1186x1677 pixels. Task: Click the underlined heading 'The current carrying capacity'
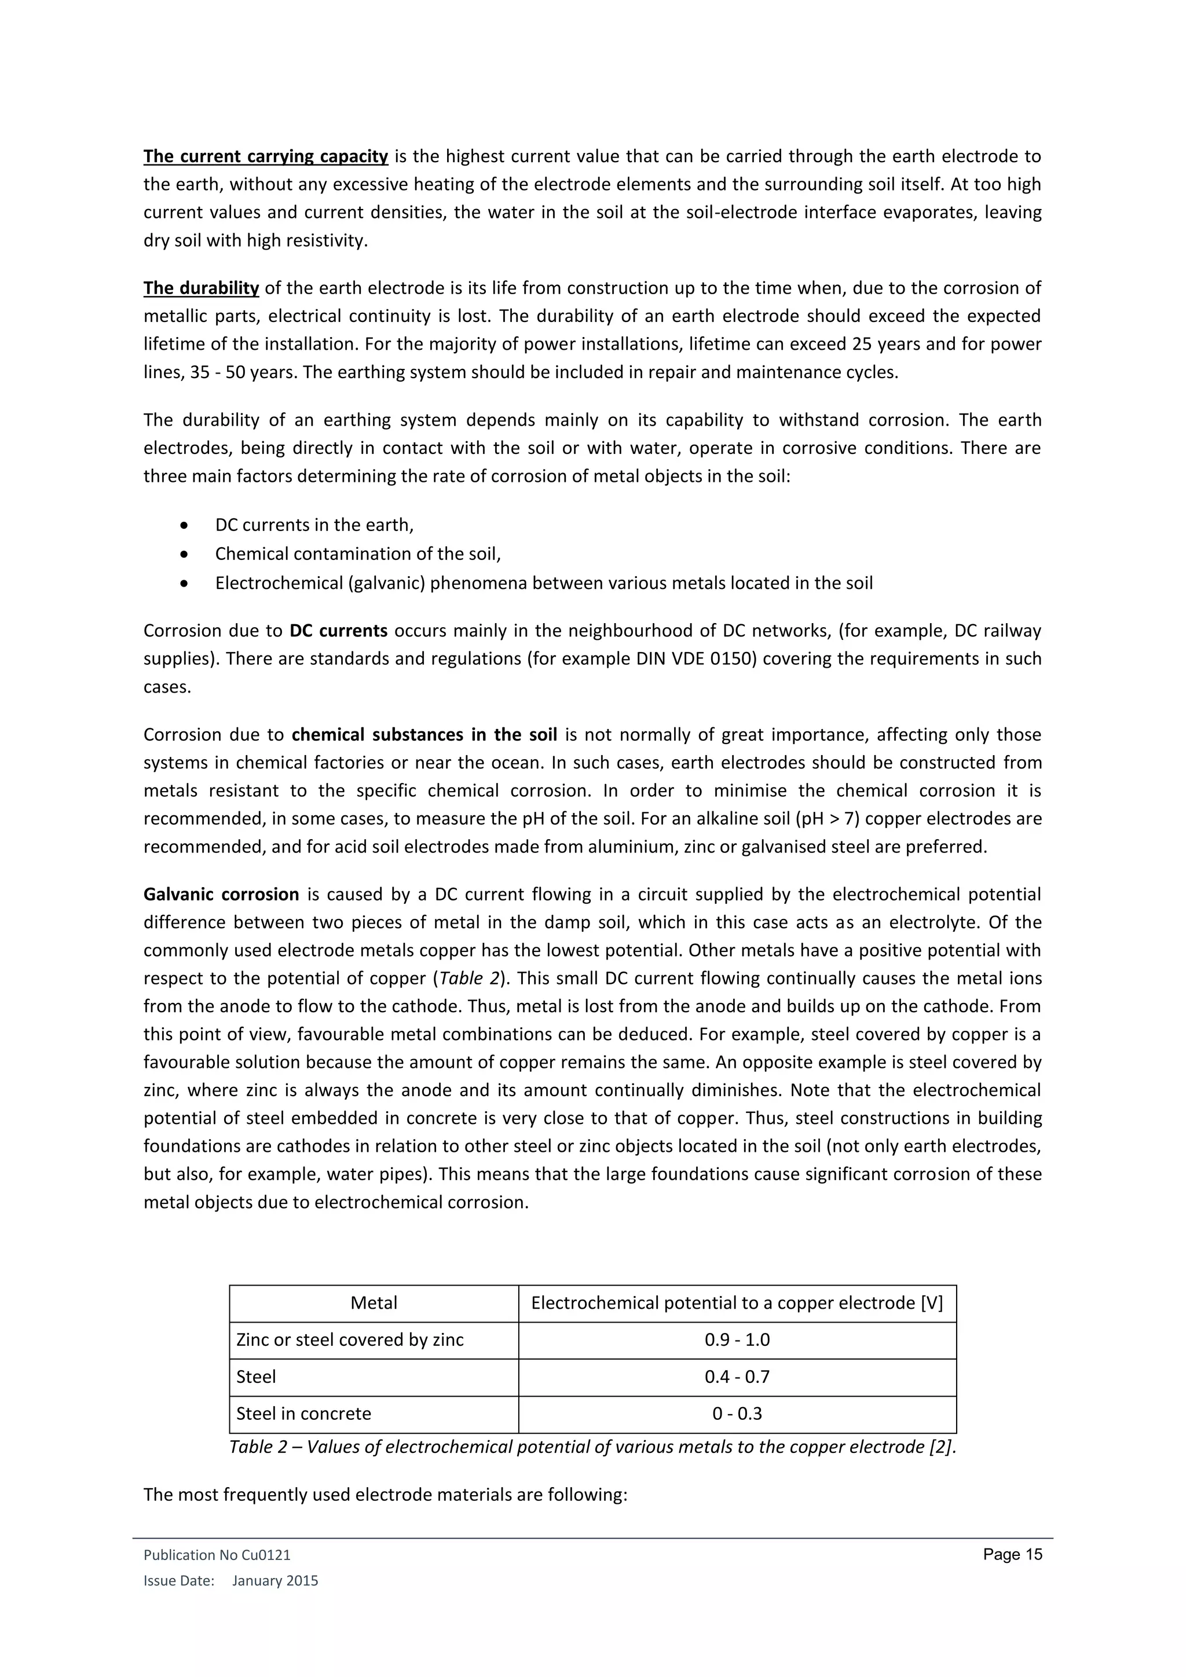[265, 156]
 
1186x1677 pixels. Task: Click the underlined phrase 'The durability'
[201, 288]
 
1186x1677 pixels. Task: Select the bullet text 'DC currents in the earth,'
[314, 525]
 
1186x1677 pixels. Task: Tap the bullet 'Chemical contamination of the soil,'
[358, 554]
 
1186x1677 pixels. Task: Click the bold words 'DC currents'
[338, 631]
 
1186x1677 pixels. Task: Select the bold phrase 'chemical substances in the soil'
[424, 734]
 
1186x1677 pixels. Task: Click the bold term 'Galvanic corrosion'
[221, 894]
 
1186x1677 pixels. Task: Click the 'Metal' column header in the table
[374, 1303]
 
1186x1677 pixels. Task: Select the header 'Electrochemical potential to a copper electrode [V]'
[737, 1303]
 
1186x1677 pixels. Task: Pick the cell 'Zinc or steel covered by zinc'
[350, 1339]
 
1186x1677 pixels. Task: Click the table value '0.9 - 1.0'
[737, 1339]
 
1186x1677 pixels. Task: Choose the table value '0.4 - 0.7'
[737, 1377]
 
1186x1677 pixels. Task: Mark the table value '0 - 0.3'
[737, 1414]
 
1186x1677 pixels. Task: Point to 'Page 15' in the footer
[1012, 1554]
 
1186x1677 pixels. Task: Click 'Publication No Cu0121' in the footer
[217, 1555]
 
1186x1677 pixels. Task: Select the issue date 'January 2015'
[275, 1581]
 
